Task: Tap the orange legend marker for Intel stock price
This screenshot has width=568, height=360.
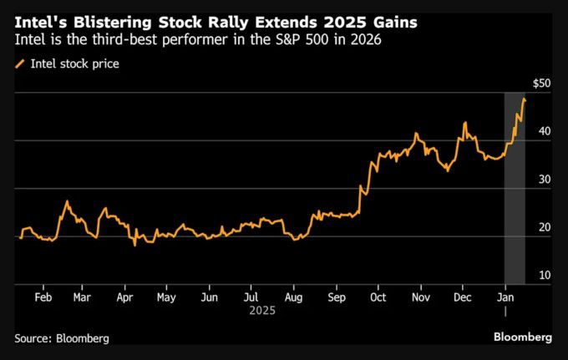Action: (20, 63)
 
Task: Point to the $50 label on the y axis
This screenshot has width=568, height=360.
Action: (541, 84)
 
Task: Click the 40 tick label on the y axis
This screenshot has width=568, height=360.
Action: (545, 131)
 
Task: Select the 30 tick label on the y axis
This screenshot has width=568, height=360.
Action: (545, 180)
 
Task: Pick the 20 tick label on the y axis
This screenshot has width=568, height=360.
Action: (545, 227)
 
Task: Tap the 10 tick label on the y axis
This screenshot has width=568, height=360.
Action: (545, 275)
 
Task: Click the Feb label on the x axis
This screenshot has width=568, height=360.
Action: (44, 297)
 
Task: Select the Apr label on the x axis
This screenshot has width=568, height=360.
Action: (124, 297)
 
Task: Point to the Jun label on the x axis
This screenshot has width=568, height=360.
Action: (210, 297)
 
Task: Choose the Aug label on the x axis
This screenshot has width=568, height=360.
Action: (293, 297)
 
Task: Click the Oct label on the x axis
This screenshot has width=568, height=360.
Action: (378, 297)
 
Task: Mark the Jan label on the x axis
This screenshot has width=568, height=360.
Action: (505, 297)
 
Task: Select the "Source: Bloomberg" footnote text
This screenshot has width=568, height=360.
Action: (62, 338)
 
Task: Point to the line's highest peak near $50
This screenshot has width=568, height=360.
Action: (524, 99)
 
